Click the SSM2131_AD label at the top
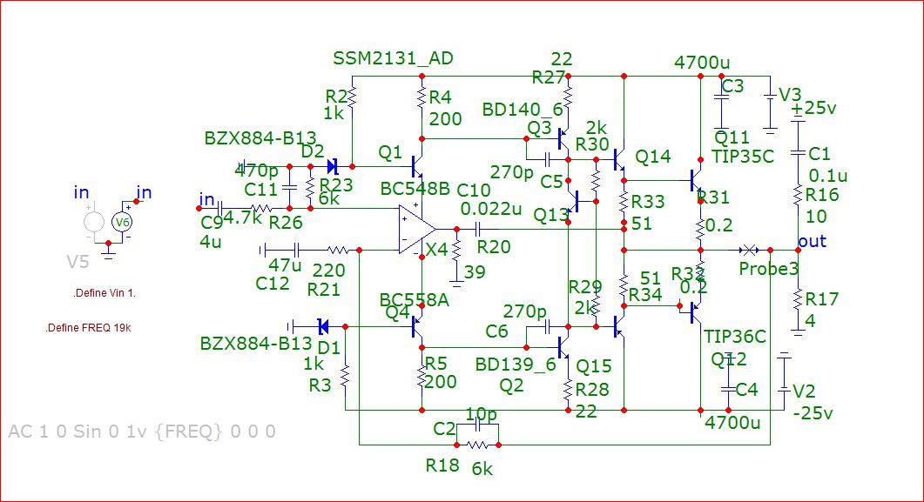[393, 58]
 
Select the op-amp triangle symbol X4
[416, 230]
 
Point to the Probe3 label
[769, 269]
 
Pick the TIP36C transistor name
[735, 337]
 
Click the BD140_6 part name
[518, 110]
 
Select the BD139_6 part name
[515, 365]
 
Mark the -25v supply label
[813, 413]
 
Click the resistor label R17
[822, 299]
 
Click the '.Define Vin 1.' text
[105, 293]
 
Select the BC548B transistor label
[415, 189]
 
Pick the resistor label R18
[442, 465]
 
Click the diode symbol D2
[332, 165]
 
